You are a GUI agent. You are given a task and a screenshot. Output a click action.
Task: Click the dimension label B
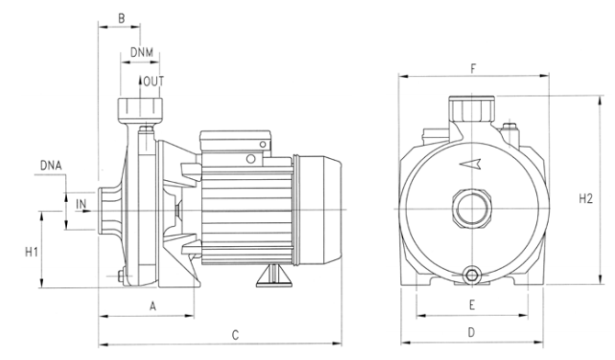pos(121,18)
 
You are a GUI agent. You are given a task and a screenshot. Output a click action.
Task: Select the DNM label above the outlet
pos(141,52)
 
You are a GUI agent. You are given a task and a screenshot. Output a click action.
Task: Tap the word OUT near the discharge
pos(153,82)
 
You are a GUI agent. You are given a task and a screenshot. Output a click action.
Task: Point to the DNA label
pos(51,165)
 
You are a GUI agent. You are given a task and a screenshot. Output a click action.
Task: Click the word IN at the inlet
pos(81,204)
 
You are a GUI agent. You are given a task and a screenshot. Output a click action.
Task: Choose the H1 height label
pos(31,252)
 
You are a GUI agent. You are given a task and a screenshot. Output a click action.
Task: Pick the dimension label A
pos(153,306)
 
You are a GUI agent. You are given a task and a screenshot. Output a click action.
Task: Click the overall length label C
pos(235,335)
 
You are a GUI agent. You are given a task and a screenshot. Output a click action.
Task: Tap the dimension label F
pos(473,69)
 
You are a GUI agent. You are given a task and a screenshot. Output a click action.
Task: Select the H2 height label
pos(586,198)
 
